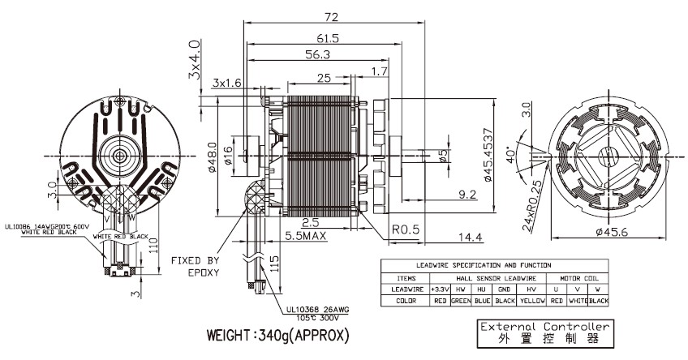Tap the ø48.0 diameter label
tap(212, 154)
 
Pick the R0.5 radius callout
tap(406, 229)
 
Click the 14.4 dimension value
tap(470, 237)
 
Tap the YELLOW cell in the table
tap(533, 301)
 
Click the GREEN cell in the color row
tap(461, 301)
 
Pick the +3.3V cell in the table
tap(441, 288)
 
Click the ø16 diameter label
tap(228, 154)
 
